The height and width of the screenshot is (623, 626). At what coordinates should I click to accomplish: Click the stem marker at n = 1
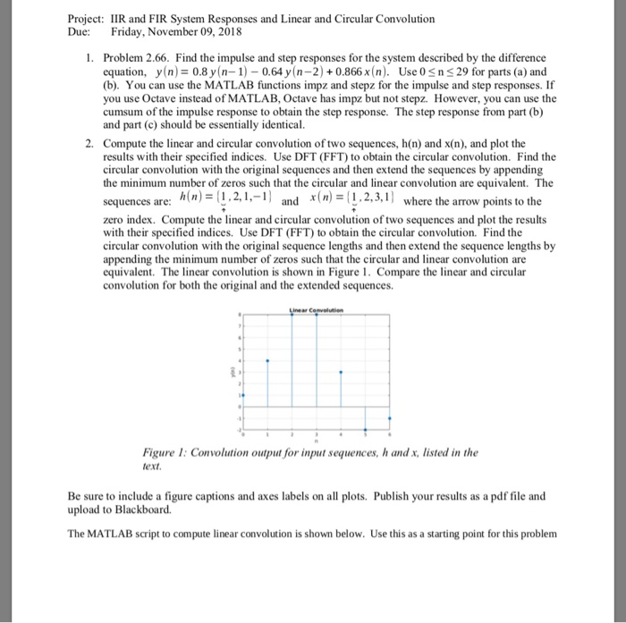click(267, 362)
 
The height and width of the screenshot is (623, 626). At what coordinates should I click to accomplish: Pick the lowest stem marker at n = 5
click(364, 429)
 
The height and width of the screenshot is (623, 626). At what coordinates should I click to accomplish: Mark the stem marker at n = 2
click(292, 316)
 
